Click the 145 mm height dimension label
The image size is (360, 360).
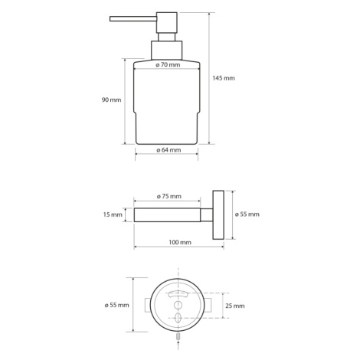(x=224, y=78)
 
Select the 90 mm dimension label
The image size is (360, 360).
(x=111, y=100)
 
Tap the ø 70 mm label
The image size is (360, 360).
(x=168, y=65)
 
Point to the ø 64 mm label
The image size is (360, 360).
(x=169, y=150)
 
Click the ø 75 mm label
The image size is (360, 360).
(x=169, y=196)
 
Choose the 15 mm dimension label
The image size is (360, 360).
(x=113, y=214)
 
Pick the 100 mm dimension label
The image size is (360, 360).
(x=180, y=242)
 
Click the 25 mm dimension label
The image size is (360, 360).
(x=235, y=306)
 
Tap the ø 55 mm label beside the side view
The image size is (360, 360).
(x=247, y=214)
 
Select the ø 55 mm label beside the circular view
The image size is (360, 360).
(x=117, y=305)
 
